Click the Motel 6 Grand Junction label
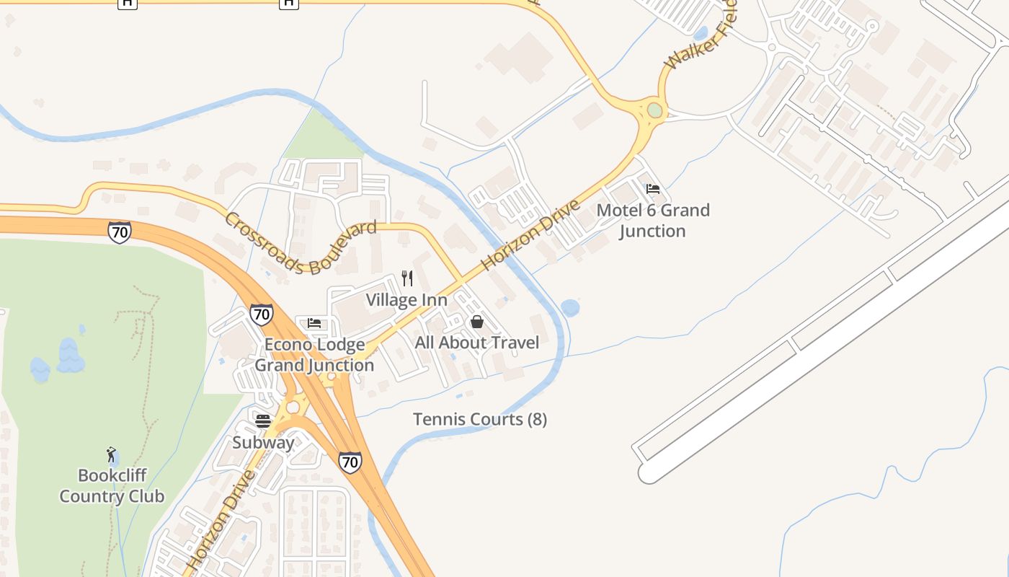(x=653, y=221)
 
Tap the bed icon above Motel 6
(x=653, y=189)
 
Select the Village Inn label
(x=406, y=299)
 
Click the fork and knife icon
(x=407, y=278)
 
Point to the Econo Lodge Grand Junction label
(x=314, y=355)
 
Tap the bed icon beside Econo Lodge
(x=314, y=322)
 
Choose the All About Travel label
(x=477, y=343)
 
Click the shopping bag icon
(x=476, y=322)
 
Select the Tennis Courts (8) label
(x=480, y=419)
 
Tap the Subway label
(x=263, y=442)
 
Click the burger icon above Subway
(x=263, y=421)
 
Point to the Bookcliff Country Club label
(x=112, y=485)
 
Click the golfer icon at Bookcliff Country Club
(x=111, y=454)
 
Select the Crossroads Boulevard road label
(x=301, y=244)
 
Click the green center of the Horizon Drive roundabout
(x=654, y=110)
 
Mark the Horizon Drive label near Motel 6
(x=530, y=235)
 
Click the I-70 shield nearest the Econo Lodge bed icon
(x=262, y=314)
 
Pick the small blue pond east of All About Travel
(x=570, y=308)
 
